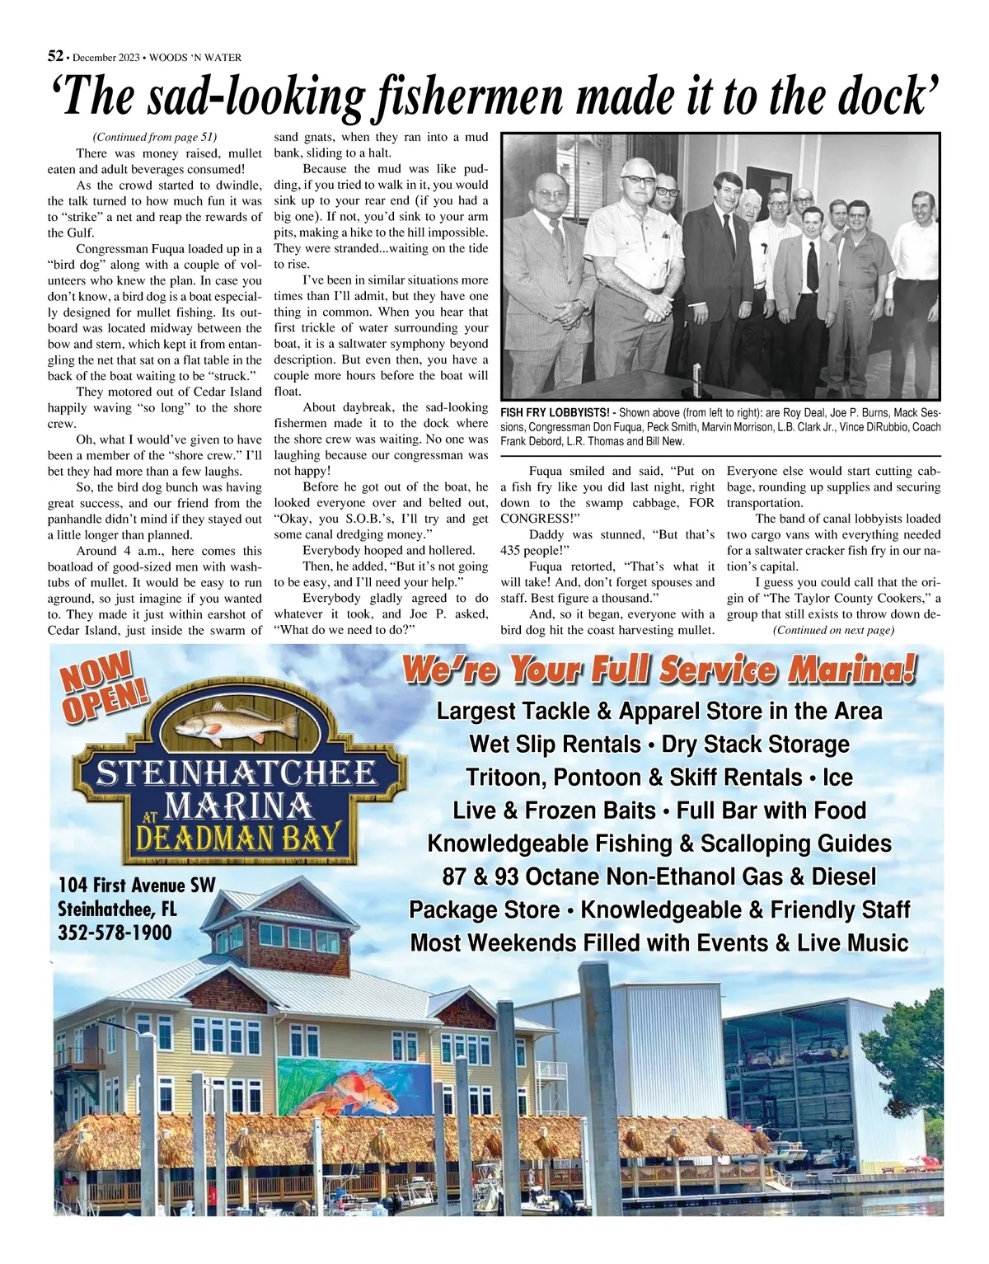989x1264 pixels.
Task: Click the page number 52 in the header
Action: pyautogui.click(x=55, y=56)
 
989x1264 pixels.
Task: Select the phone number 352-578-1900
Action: pyautogui.click(x=115, y=933)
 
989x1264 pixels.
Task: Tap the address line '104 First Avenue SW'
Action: pyautogui.click(x=137, y=886)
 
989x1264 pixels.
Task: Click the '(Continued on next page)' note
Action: pyautogui.click(x=833, y=630)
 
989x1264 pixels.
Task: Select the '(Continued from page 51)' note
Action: pyautogui.click(x=154, y=137)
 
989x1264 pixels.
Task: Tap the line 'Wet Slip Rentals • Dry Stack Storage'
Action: pyautogui.click(x=659, y=744)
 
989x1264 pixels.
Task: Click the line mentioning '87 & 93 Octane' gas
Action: pyautogui.click(x=659, y=876)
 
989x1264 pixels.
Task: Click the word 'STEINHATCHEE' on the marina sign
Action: pyautogui.click(x=237, y=773)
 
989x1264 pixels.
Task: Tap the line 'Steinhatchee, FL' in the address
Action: pyautogui.click(x=117, y=909)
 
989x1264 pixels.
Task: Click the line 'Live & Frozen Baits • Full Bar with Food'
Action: pyautogui.click(x=659, y=810)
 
